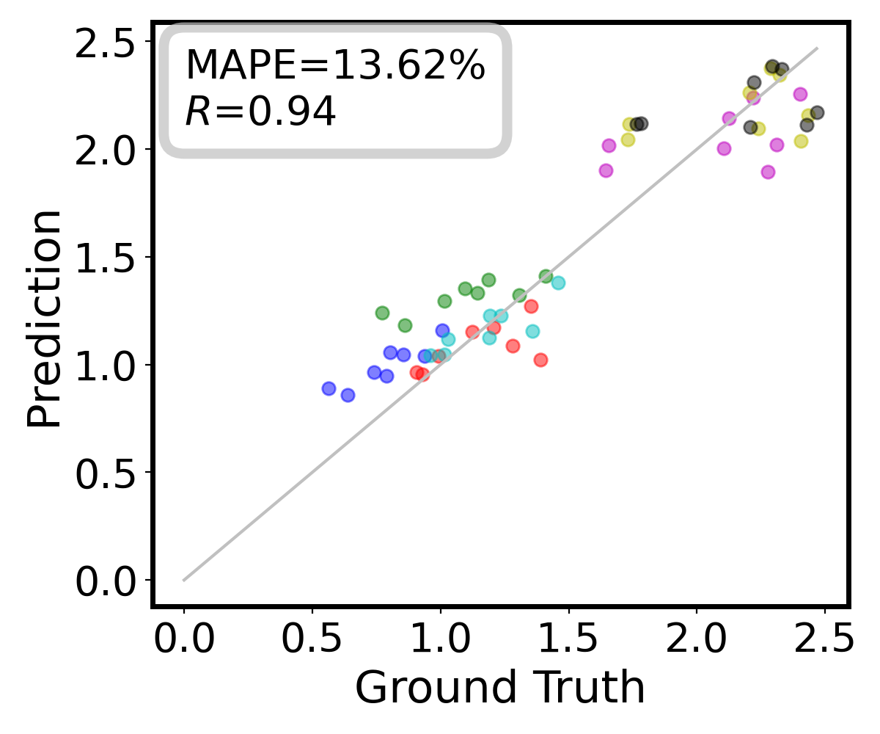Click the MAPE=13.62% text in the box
[x=334, y=67]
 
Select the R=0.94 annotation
[x=260, y=112]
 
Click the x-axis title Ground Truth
[x=500, y=688]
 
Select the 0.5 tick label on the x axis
[x=312, y=641]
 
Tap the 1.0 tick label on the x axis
[x=440, y=641]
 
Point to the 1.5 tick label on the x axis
[x=568, y=641]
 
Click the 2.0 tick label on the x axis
[x=697, y=641]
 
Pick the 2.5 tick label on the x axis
[x=824, y=641]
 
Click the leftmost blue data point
[x=329, y=388]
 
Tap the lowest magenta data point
[x=768, y=172]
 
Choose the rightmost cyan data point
[x=558, y=283]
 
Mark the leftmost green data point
[x=382, y=313]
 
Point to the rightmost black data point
[x=817, y=112]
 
